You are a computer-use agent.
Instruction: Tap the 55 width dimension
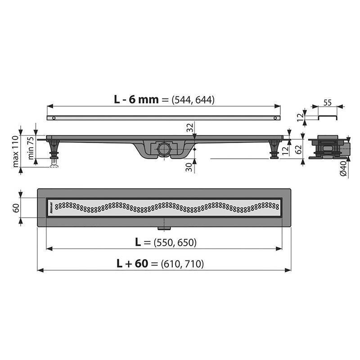tap(328, 103)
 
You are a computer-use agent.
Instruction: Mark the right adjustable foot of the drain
tap(274, 149)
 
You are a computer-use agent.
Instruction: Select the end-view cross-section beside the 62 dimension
tap(327, 148)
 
